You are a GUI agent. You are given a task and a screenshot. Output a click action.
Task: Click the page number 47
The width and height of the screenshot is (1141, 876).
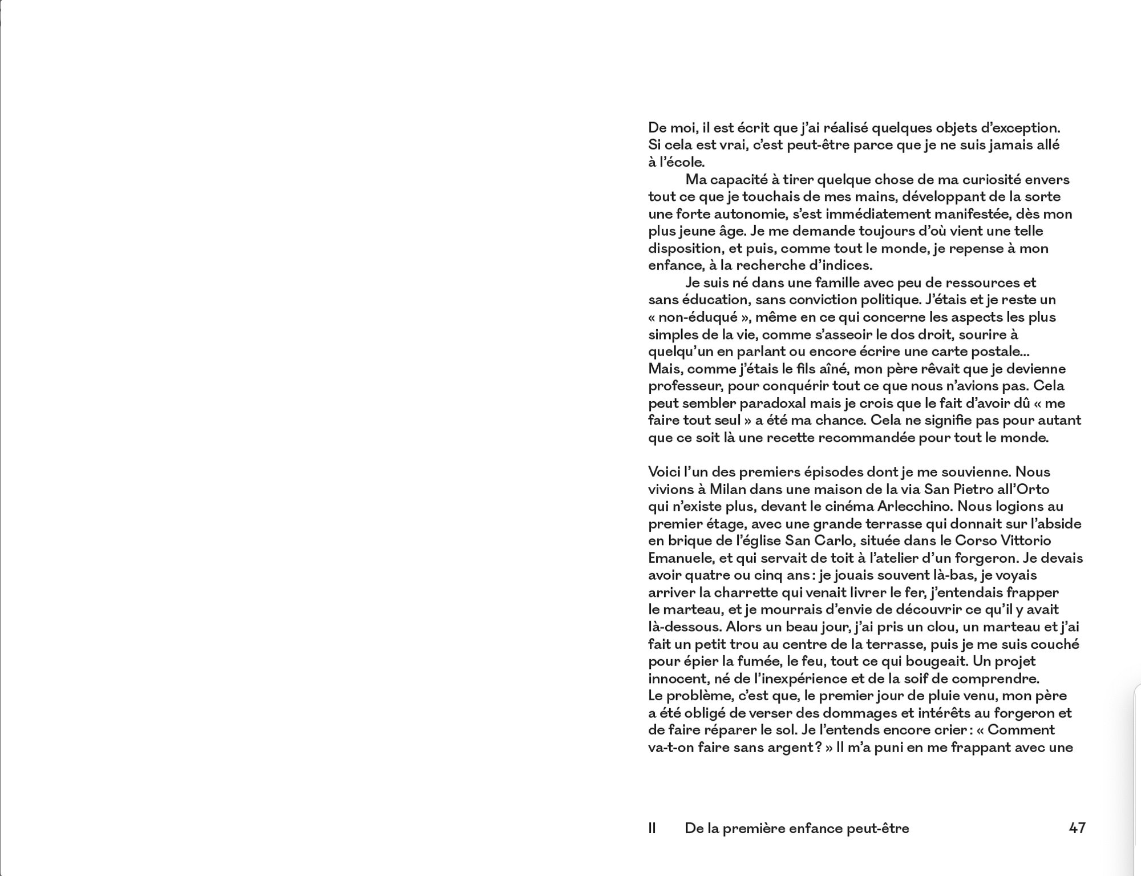point(1077,828)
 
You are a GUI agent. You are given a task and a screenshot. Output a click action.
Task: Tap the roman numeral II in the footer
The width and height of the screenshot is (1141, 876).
point(652,828)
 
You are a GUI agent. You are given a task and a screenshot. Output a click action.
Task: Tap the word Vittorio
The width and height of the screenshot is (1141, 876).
point(1026,540)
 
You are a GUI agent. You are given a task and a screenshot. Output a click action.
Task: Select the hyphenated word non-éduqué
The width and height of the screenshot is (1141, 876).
point(690,317)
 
